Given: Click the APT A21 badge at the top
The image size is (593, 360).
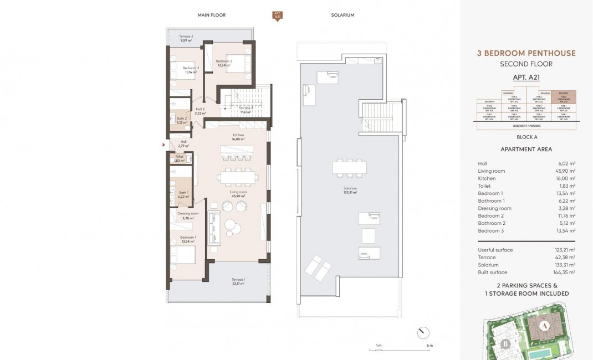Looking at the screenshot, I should (277, 16).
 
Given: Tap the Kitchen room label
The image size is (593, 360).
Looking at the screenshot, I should (238, 137).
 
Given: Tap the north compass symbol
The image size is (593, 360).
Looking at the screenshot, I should (423, 333).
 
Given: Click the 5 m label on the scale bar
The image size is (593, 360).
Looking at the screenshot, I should (430, 346).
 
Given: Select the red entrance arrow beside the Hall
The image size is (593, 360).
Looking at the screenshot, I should (163, 145).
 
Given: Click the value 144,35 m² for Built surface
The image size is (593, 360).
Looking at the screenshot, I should (565, 272).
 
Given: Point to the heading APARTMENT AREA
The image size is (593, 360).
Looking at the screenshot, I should (526, 150).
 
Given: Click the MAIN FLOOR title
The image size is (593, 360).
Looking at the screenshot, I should (212, 15).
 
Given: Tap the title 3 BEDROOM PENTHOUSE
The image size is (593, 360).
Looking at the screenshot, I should (526, 53).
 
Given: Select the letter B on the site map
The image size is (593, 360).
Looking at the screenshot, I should (505, 343).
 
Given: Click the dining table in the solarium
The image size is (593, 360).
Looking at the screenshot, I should (350, 167).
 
